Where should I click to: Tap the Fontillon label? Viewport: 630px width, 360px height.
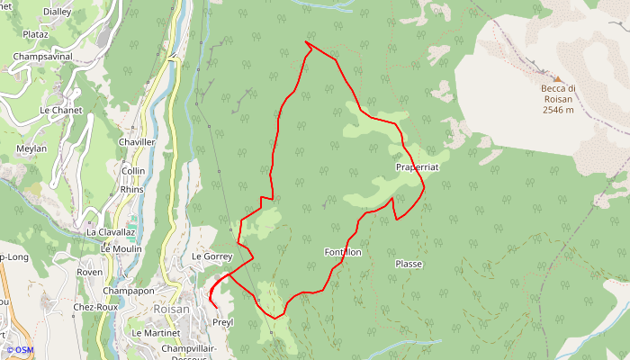[x=343, y=252]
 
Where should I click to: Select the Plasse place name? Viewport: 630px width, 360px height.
[x=409, y=264]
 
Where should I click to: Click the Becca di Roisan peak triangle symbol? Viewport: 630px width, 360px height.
[x=557, y=78]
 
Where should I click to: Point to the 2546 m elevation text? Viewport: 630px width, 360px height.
[x=558, y=110]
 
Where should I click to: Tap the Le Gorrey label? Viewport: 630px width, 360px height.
[x=212, y=256]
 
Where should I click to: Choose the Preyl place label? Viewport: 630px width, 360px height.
[x=223, y=322]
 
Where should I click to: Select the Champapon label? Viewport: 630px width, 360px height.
[x=129, y=292]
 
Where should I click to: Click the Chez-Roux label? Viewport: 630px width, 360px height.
[x=96, y=307]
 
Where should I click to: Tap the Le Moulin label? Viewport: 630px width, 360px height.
[x=115, y=249]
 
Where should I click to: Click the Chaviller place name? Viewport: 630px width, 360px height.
[x=137, y=142]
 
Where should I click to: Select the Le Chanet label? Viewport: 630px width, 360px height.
[x=61, y=111]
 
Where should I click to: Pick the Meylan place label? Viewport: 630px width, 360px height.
[x=31, y=148]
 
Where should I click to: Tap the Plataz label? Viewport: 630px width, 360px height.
[x=36, y=34]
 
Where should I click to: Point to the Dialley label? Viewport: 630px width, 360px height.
[x=57, y=12]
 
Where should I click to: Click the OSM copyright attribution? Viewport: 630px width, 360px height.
[x=19, y=350]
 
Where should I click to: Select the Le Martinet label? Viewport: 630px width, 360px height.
[x=156, y=333]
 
